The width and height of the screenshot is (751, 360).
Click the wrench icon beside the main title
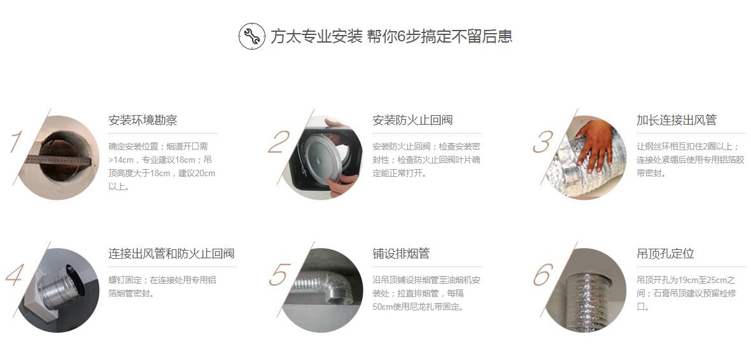coord(252,36)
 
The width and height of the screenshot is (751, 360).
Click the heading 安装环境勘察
coord(143,120)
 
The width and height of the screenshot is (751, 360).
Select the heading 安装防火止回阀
coord(412,120)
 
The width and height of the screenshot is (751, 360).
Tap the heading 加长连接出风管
coord(677,120)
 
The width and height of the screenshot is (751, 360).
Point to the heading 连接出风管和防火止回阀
coord(171,253)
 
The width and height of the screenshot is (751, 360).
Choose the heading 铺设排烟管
coord(401,253)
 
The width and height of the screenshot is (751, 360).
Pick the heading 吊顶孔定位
coord(665,253)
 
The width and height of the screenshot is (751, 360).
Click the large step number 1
coord(16,142)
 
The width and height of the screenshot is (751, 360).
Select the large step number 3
coord(543,142)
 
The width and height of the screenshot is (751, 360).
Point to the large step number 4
coord(15,275)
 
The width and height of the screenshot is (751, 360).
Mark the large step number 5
coord(279,275)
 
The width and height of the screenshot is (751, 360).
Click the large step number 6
coord(543,275)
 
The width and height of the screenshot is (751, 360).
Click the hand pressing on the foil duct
coord(594,144)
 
